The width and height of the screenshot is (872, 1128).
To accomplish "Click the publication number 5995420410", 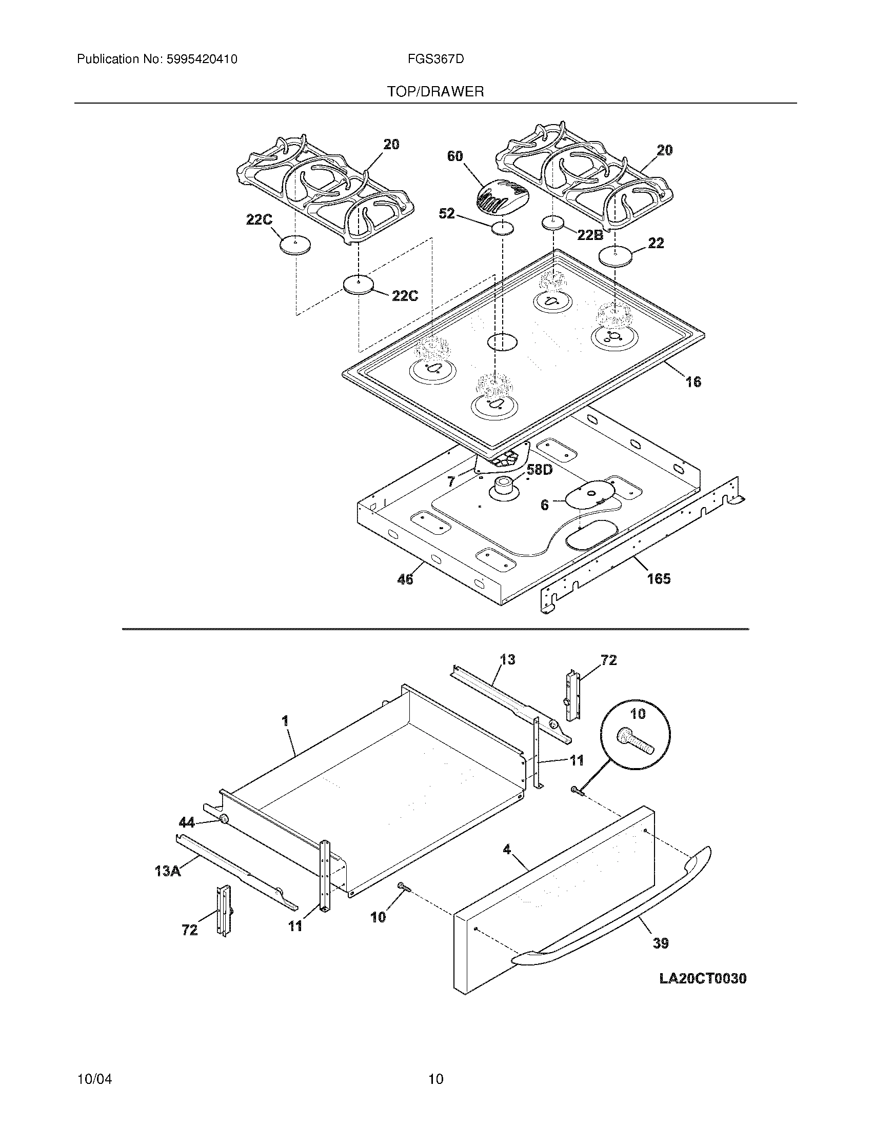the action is point(202,59).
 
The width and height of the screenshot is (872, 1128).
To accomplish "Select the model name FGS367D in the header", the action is point(435,59).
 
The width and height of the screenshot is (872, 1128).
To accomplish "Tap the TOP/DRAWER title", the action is point(435,92).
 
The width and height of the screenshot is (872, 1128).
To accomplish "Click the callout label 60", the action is point(455,156).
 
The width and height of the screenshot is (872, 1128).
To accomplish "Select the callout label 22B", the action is point(590,235).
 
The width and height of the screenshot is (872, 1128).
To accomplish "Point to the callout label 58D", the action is point(539,470).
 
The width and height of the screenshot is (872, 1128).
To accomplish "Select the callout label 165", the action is point(659,578).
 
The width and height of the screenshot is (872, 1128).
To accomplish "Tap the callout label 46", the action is point(405,579).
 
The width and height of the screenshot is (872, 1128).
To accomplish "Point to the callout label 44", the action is point(187,822).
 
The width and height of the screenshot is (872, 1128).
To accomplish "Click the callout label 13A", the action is point(168,871).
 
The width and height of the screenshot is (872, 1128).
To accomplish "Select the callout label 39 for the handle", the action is point(661,943).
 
